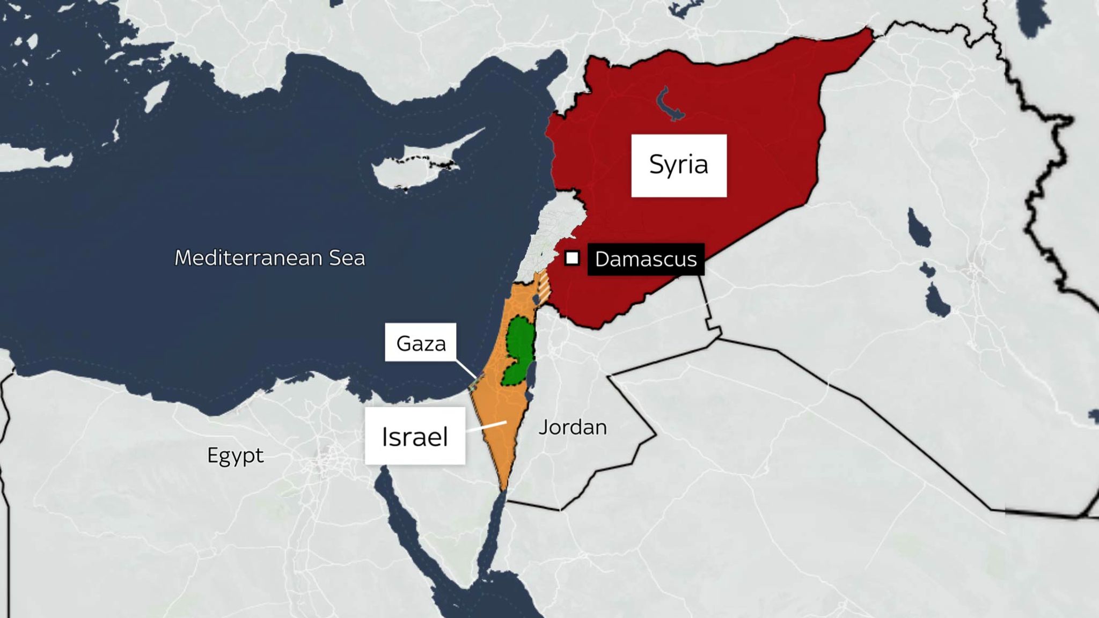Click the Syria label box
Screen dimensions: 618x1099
[679, 165]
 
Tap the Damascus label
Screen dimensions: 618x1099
[646, 259]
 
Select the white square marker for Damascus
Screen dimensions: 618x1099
[572, 259]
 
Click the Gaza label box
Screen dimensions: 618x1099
[421, 343]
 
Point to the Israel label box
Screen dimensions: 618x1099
[415, 436]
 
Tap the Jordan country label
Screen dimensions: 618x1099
[573, 428]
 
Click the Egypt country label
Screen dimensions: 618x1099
[235, 455]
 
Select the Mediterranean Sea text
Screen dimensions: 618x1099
[270, 258]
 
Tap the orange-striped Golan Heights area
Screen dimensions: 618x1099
[544, 287]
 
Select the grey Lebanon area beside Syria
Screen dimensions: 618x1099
[550, 231]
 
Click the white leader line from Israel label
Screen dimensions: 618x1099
[486, 426]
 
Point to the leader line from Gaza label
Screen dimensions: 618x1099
[466, 369]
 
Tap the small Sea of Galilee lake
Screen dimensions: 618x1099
[536, 298]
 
